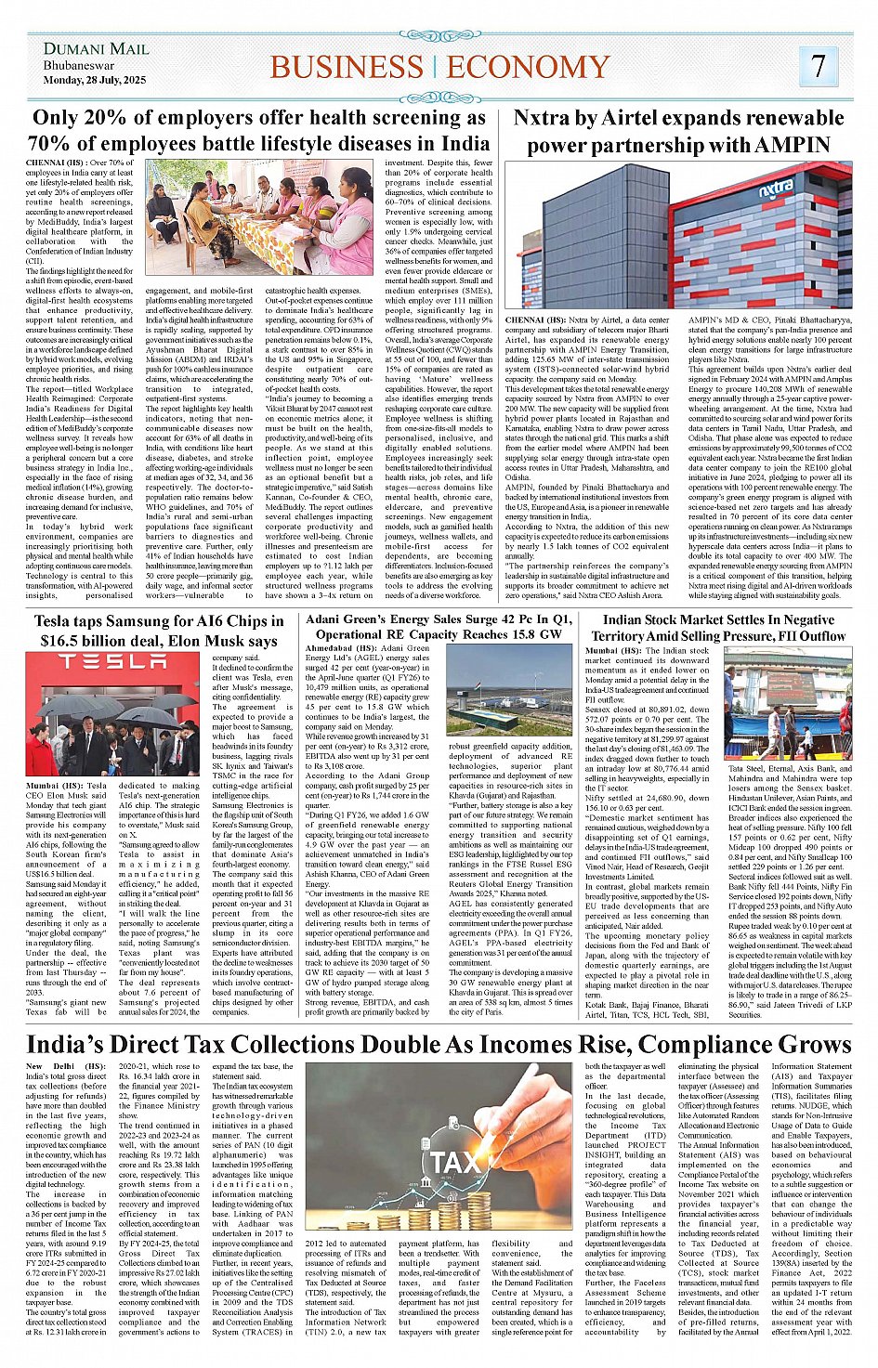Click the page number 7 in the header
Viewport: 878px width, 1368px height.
click(818, 65)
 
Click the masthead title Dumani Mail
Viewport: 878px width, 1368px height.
click(96, 48)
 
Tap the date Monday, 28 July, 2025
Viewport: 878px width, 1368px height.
click(94, 81)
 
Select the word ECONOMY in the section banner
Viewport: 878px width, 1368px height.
click(528, 67)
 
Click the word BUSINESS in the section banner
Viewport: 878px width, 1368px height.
click(346, 67)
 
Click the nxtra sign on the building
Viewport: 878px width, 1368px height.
click(776, 190)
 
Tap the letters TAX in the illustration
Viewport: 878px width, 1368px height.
click(457, 1163)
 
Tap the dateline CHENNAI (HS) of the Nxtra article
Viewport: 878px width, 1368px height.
click(537, 320)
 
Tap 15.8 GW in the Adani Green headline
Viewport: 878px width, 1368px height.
click(528, 634)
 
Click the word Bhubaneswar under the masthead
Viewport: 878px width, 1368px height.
click(79, 66)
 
